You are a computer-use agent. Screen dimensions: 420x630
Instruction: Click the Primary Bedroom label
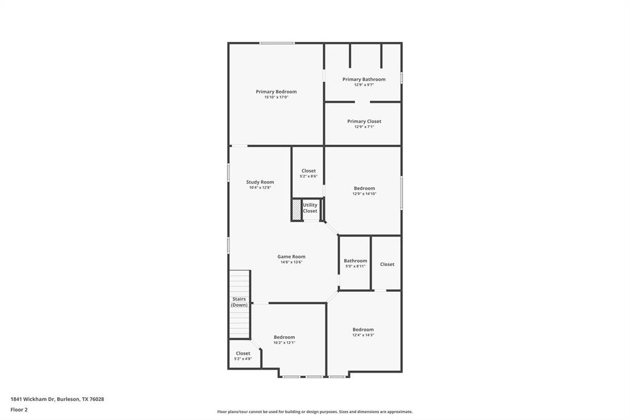coord(276,92)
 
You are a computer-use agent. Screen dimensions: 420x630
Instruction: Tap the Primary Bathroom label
coord(364,79)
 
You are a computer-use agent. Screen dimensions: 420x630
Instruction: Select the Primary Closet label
coord(364,121)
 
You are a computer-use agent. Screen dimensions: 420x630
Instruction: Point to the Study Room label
coord(260,182)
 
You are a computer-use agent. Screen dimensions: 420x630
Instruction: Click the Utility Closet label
coord(310,208)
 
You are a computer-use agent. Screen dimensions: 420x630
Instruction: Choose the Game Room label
coord(291,257)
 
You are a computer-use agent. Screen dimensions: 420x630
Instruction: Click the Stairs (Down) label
coord(239,302)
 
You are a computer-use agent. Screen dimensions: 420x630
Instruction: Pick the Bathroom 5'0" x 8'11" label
coord(355,260)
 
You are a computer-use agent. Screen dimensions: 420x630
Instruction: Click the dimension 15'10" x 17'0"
coord(276,97)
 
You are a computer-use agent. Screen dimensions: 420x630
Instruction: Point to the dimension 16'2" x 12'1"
coord(284,343)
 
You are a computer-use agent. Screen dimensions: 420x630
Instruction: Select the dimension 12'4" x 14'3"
coord(363,335)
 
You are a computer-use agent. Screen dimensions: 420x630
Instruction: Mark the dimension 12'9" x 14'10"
coord(364,194)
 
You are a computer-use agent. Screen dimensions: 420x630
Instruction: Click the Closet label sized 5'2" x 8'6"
coord(308,171)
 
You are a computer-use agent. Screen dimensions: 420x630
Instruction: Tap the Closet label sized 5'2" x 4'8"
coord(243,353)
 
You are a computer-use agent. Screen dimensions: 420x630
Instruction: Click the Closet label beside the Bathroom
coord(387,264)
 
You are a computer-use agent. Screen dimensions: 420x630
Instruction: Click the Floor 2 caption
coord(19,410)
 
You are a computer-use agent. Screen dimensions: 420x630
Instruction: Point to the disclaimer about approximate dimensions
coord(314,412)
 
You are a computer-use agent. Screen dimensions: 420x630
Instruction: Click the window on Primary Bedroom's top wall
coord(276,43)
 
